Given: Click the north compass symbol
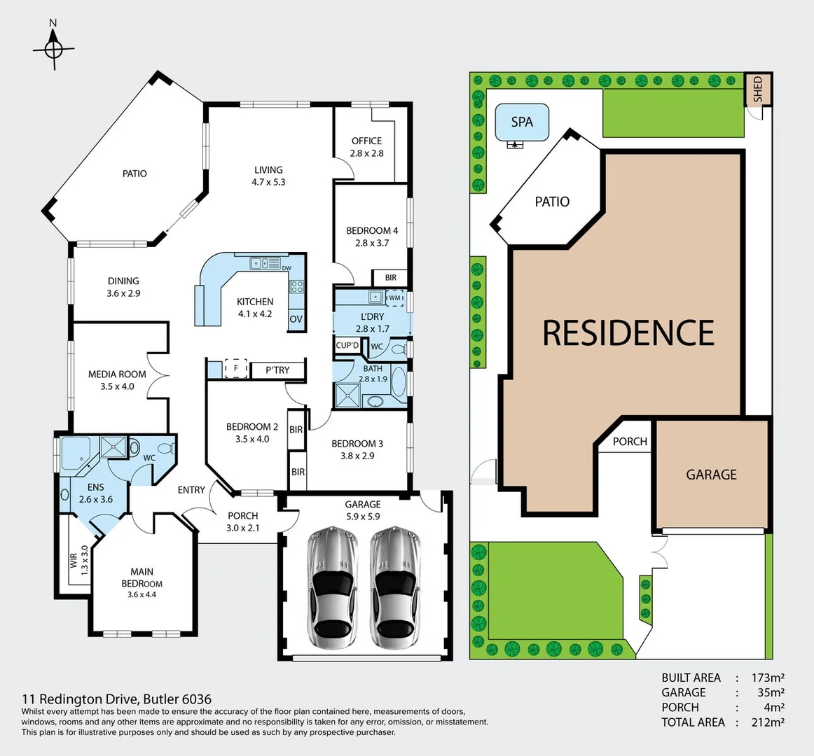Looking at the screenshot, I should (x=53, y=49).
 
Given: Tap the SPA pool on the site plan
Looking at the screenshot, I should (x=522, y=122).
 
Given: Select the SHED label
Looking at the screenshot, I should (x=757, y=89).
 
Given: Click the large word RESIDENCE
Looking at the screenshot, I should (x=628, y=332).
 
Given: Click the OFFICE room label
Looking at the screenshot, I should (x=367, y=141).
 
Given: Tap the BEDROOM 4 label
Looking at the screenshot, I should (x=372, y=230).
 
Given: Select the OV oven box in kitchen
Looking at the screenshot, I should (x=296, y=319).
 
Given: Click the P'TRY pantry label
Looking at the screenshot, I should (x=277, y=370).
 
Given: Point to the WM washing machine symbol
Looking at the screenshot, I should (x=395, y=297).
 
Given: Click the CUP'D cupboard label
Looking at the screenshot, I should (x=347, y=345).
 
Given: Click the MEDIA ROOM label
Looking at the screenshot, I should (x=117, y=374).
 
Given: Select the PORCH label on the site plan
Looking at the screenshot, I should (x=630, y=442).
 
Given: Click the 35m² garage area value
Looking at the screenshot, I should (x=769, y=692).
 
